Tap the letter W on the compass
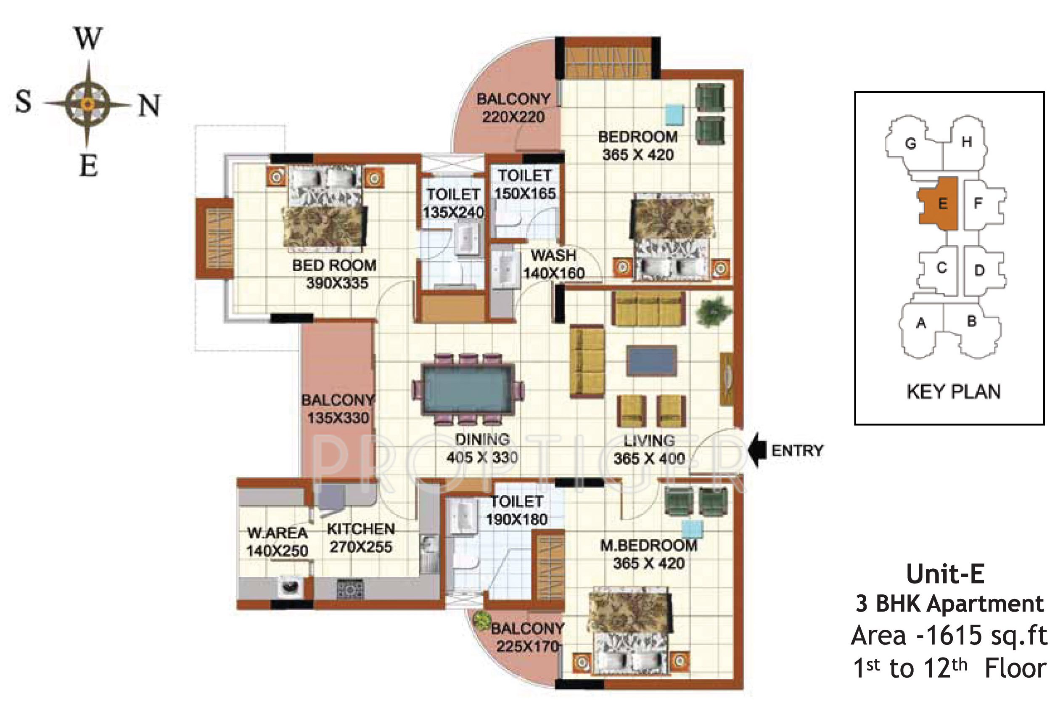click(x=88, y=38)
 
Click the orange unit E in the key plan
click(x=938, y=204)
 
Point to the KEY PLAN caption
click(x=953, y=392)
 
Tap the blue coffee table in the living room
click(x=652, y=360)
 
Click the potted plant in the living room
click(x=713, y=311)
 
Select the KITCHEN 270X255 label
click(x=361, y=538)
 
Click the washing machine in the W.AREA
click(x=289, y=587)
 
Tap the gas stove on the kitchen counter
click(x=350, y=588)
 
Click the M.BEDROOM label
click(x=648, y=546)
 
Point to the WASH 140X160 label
click(x=554, y=264)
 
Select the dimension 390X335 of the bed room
click(x=337, y=283)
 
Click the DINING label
click(x=482, y=439)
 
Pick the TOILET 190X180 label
click(x=517, y=510)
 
